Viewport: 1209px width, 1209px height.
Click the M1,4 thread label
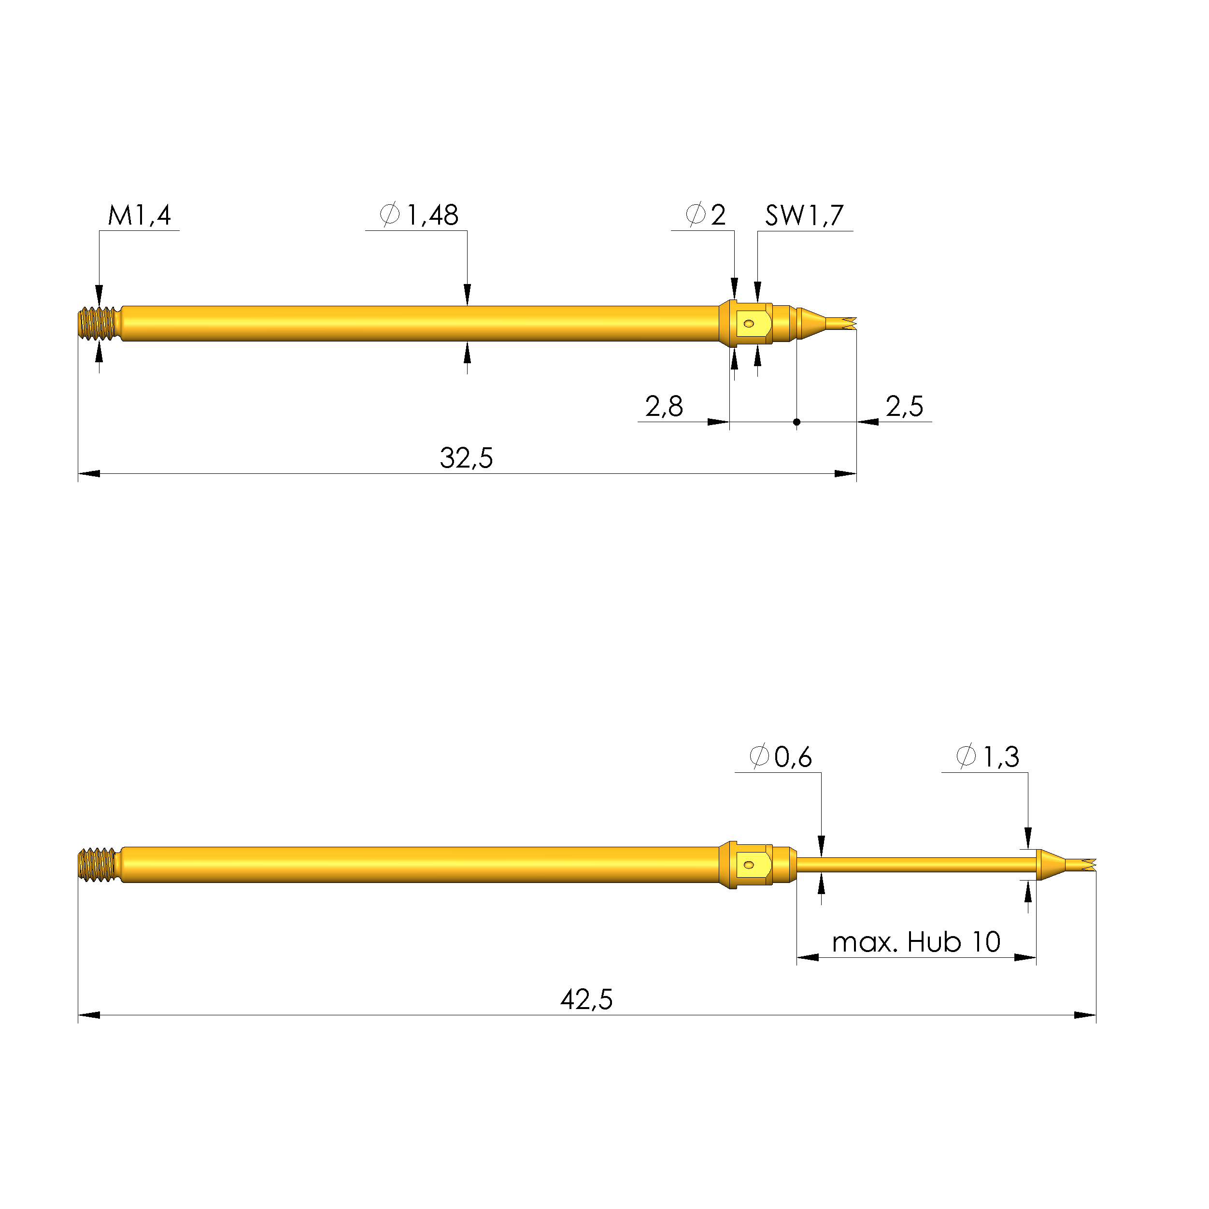point(139,215)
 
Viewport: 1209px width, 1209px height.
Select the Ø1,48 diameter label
point(419,215)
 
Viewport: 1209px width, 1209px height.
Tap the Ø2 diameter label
point(705,215)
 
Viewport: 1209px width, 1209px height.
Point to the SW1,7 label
point(804,215)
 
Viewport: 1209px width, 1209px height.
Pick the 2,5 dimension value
point(904,407)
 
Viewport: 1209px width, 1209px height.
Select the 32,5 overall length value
point(466,458)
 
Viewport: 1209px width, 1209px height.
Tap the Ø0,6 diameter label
point(781,757)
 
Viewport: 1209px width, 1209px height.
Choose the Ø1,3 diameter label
point(987,757)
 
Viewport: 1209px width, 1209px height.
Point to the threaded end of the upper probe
point(99,324)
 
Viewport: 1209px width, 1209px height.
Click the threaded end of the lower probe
point(99,865)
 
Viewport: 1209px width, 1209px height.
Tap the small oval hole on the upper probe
point(748,324)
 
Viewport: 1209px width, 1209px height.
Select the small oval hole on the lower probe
point(748,865)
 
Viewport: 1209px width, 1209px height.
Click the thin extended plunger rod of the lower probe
point(914,865)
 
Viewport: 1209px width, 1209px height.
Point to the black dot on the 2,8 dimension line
point(796,422)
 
